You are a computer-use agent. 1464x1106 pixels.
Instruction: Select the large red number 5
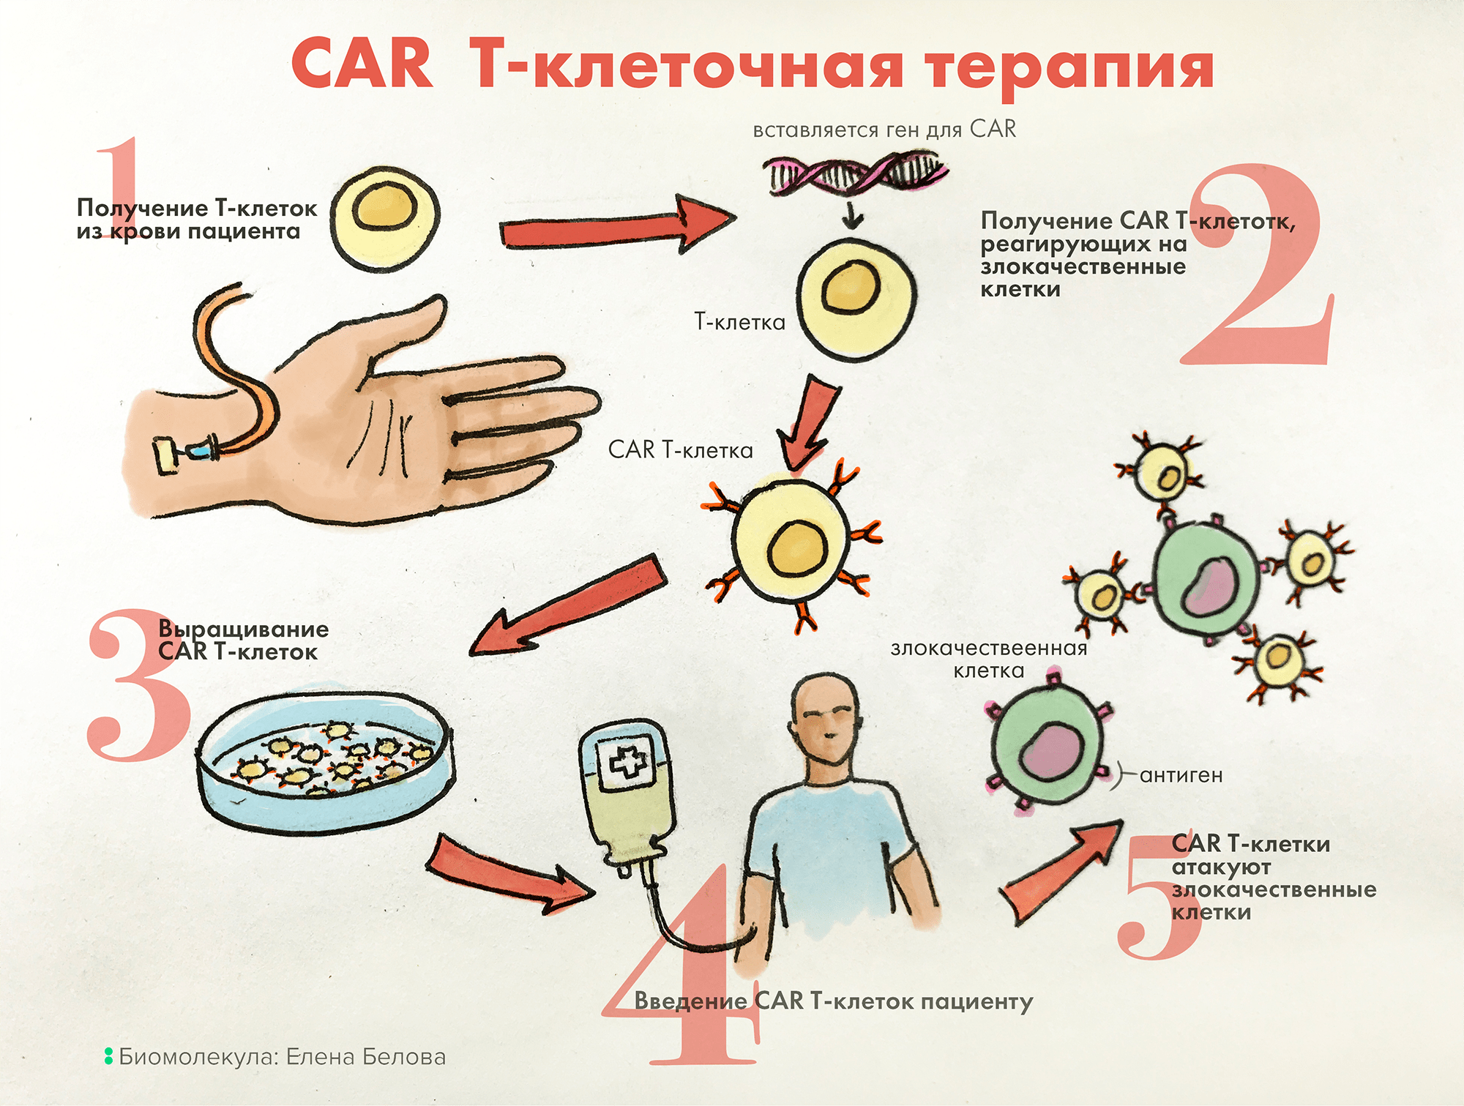tap(1157, 900)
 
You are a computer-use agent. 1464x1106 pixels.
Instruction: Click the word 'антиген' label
tap(1181, 775)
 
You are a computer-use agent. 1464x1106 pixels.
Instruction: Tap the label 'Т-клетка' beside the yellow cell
tap(739, 322)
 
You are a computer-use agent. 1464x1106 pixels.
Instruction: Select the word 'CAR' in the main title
tap(362, 66)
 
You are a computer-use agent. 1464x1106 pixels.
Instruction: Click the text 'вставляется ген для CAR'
tap(884, 130)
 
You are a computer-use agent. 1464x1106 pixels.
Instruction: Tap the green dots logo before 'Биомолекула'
tap(108, 1056)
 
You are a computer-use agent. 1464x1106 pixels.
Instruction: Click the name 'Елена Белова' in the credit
tap(365, 1057)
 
